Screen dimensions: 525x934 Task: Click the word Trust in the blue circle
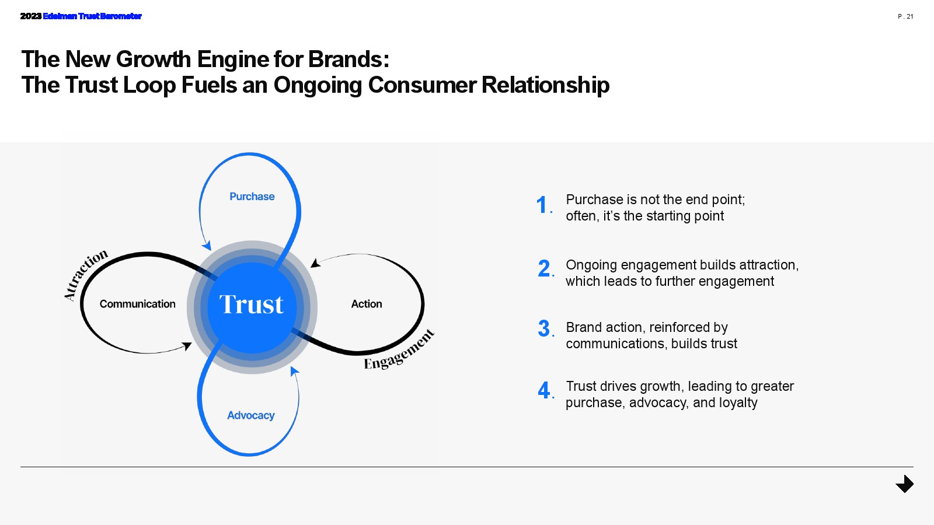251,304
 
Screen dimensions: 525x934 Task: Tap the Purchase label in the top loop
252,197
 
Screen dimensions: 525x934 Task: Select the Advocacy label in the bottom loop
251,415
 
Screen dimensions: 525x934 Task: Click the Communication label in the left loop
137,304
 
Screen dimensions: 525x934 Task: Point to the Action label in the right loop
367,304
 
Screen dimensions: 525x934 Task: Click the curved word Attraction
85,274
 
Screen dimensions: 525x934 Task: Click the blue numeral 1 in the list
542,205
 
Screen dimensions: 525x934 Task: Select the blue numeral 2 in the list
544,269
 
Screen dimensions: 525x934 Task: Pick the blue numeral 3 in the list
544,329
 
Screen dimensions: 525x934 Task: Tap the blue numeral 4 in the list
544,390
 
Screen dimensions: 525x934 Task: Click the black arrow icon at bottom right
905,484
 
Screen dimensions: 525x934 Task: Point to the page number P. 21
905,16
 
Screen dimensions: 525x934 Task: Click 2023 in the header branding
30,16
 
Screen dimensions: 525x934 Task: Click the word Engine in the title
232,60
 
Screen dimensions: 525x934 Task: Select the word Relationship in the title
545,85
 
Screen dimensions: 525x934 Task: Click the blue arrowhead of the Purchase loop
206,245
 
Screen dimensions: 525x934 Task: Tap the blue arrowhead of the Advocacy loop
294,371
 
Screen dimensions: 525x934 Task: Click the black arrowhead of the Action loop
315,263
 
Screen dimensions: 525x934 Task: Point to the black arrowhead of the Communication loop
187,346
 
